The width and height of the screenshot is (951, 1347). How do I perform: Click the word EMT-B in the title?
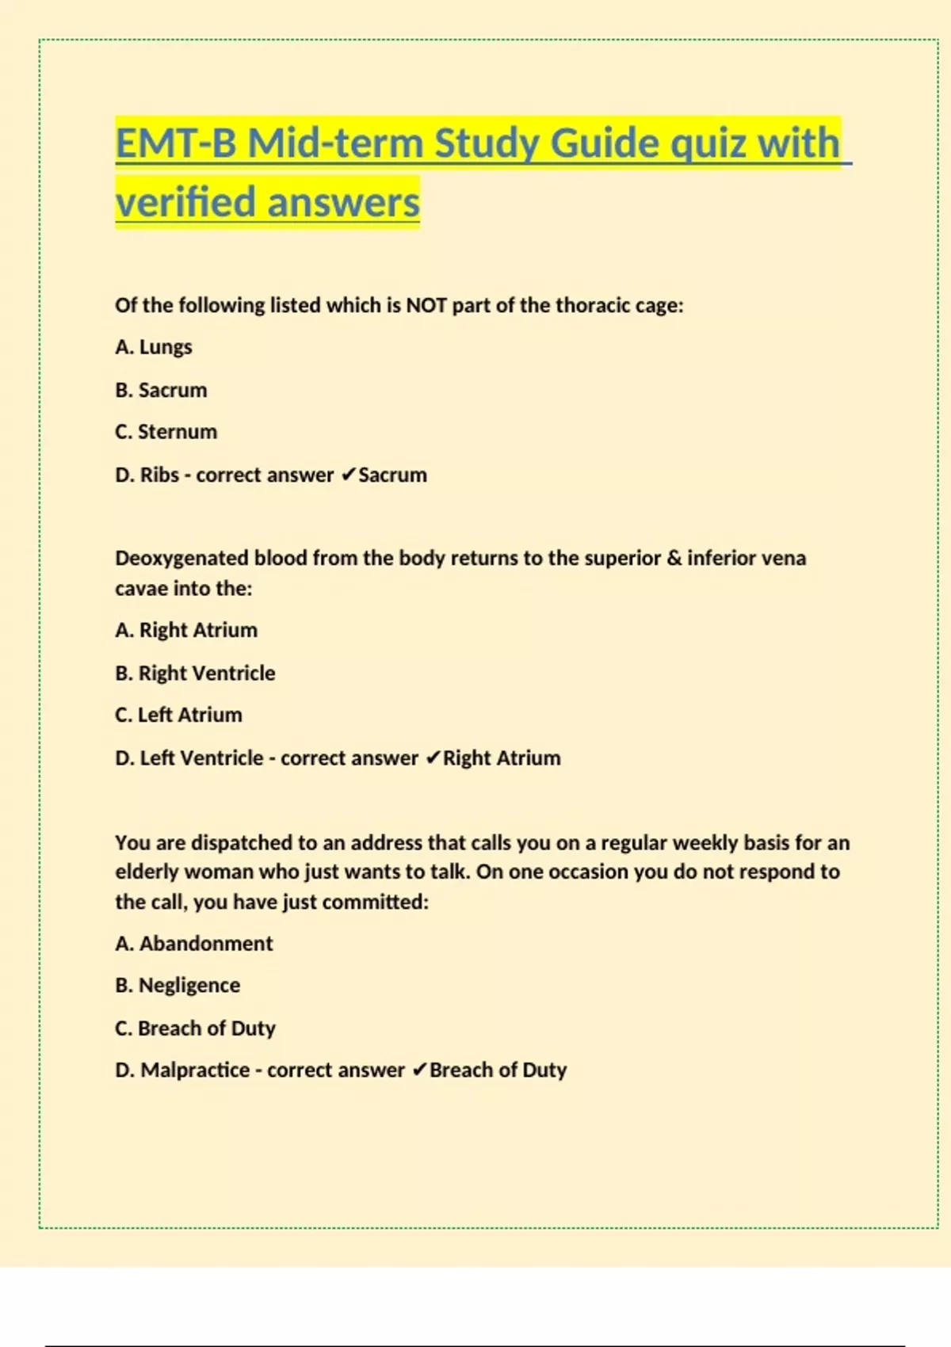175,144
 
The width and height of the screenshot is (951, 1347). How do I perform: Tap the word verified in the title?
187,202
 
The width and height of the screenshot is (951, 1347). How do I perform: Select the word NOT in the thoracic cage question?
426,306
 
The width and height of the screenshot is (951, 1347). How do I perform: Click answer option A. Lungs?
154,347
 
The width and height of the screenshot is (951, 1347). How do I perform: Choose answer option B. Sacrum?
161,390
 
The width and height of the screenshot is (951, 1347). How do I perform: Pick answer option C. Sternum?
166,432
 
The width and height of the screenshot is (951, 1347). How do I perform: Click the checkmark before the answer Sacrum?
348,475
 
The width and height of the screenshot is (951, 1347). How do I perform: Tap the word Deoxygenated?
181,558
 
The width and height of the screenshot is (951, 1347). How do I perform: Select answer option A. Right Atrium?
186,630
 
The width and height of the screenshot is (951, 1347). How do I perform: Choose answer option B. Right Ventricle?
195,673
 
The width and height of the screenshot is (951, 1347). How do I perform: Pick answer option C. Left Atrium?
178,715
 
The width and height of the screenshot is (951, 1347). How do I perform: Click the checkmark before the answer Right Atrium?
433,758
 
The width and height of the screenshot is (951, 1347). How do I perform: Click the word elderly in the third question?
147,872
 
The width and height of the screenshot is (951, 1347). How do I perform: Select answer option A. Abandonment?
193,944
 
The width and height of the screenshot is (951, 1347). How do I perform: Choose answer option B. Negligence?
178,985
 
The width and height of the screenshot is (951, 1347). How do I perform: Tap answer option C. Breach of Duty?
195,1028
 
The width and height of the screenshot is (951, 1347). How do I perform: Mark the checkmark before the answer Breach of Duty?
420,1070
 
